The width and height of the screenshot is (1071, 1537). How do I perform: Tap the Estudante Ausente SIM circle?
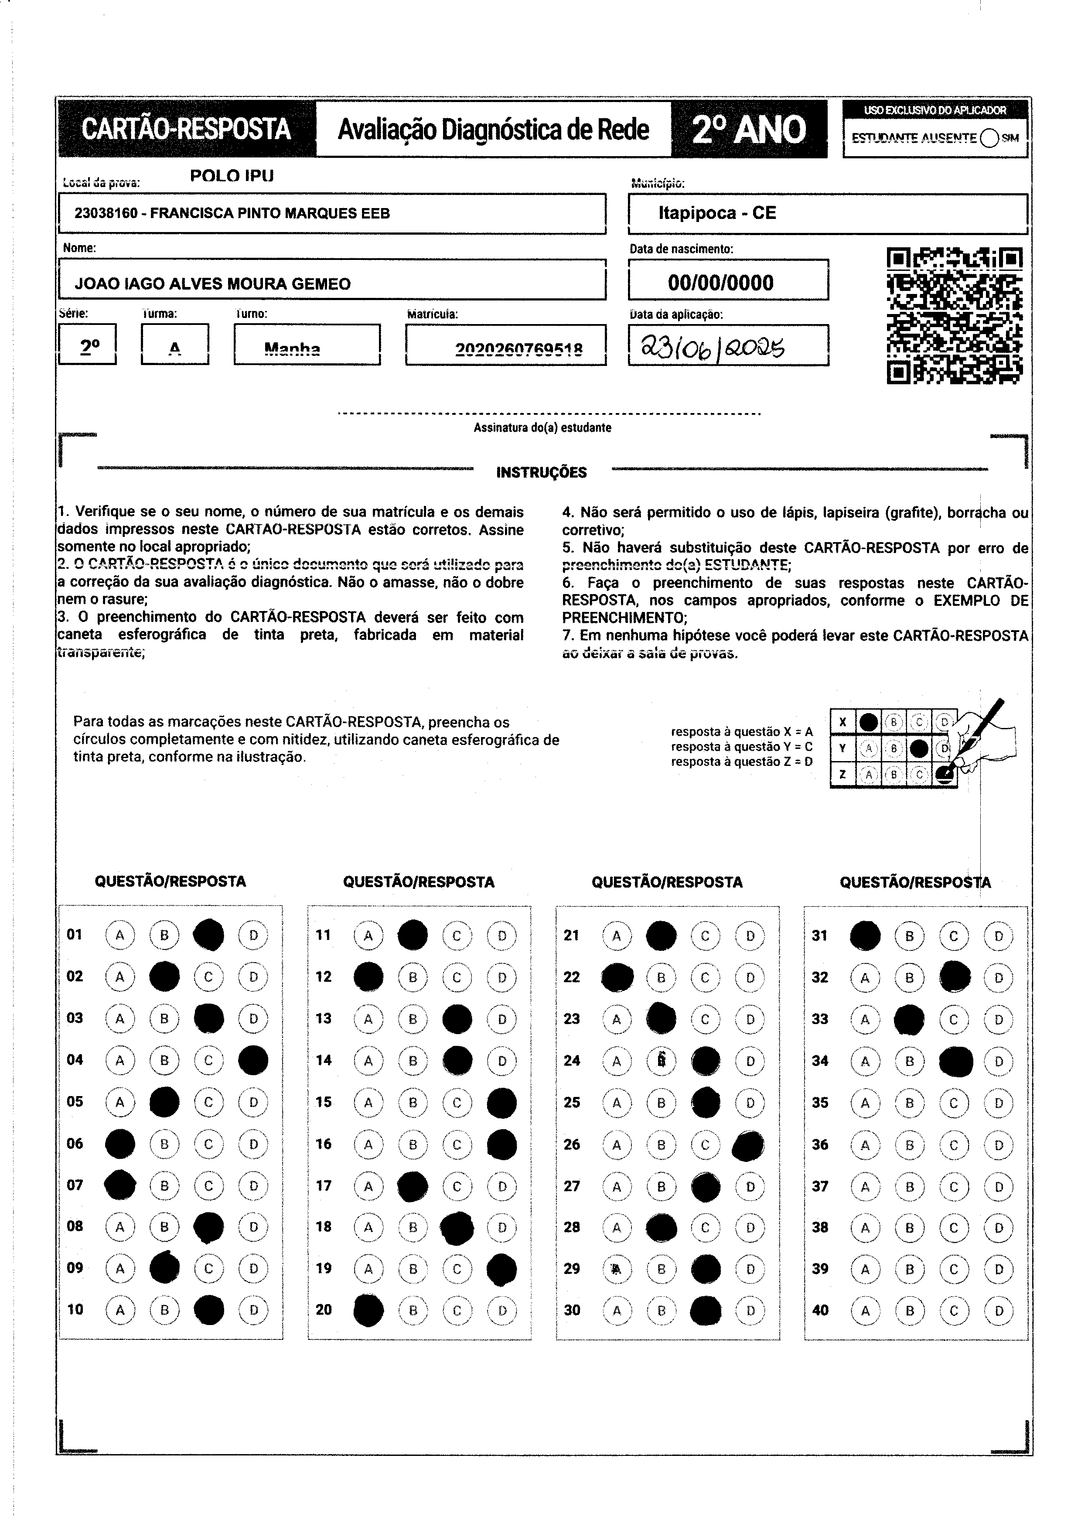989,138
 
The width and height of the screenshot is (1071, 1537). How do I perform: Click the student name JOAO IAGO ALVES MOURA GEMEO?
212,284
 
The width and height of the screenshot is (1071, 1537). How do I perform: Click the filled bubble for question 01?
208,935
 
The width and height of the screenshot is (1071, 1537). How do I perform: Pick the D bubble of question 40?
999,1310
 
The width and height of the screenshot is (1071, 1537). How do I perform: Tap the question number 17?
323,1185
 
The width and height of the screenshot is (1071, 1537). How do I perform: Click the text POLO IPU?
232,176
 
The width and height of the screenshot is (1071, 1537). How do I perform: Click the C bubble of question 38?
954,1228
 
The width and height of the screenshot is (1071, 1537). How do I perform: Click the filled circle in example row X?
868,722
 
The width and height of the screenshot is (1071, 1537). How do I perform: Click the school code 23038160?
105,214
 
